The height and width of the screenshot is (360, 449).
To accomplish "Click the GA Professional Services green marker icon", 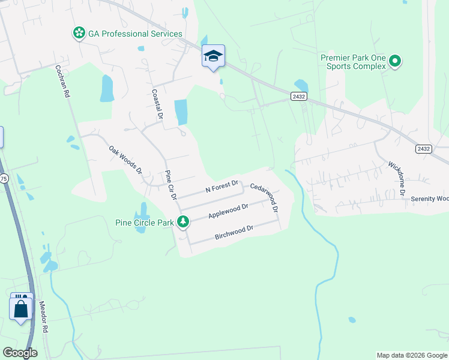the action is (79, 34).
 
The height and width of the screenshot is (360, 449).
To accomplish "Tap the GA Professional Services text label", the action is (135, 34).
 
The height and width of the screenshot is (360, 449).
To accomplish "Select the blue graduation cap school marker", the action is (213, 56).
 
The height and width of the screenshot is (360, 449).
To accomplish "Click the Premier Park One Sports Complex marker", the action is (395, 61).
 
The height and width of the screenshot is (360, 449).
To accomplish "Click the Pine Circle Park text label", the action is (144, 223).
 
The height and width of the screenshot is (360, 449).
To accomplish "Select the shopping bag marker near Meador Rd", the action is (21, 309).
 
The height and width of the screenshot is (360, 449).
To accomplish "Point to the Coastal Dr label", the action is (157, 104).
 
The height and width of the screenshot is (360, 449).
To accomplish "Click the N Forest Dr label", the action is (222, 186).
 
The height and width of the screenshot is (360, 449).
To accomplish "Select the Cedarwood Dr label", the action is (265, 199).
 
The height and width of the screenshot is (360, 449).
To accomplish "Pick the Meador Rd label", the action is (43, 318).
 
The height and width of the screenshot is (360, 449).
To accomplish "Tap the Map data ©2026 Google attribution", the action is (412, 355).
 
